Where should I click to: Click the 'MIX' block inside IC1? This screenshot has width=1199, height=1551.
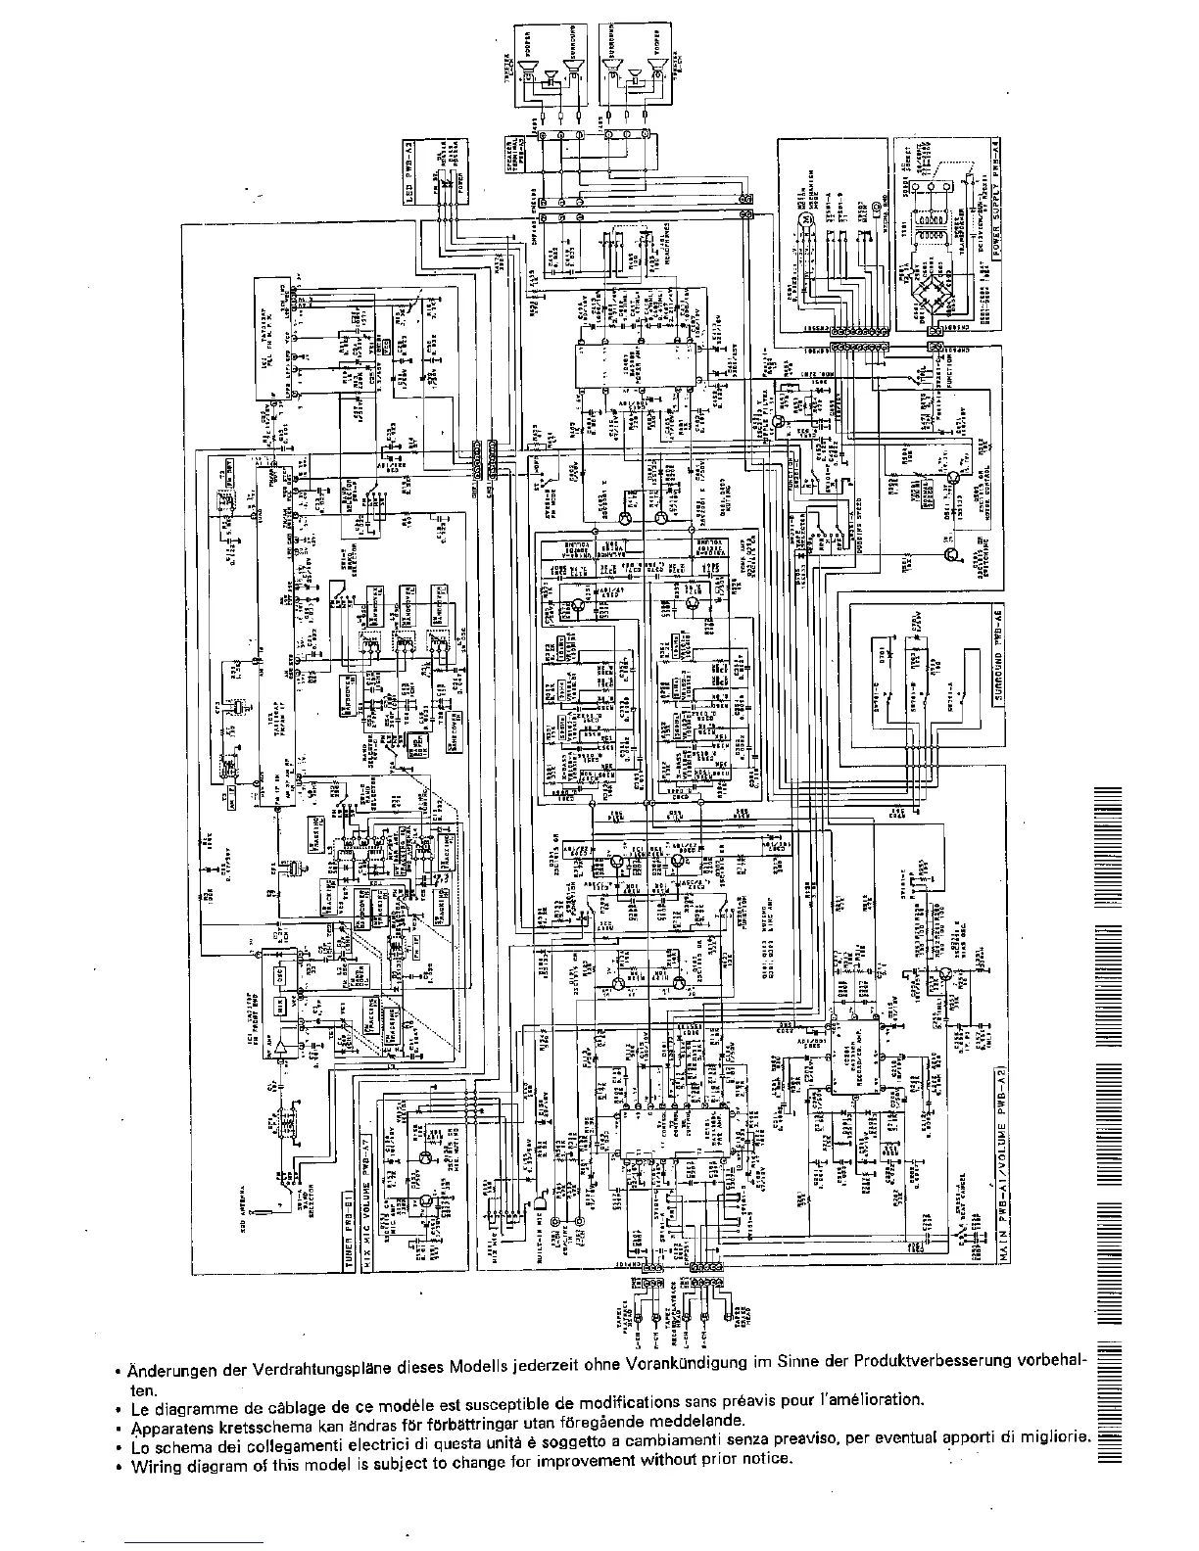coord(280,1004)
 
